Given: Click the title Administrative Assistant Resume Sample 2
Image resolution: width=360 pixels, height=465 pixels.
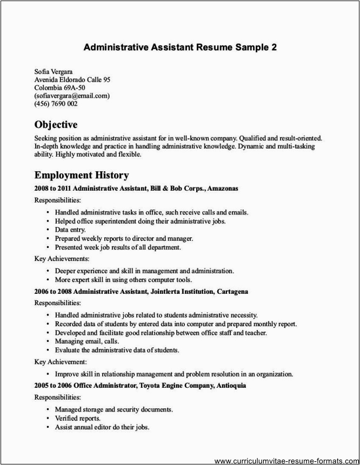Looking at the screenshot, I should click(180, 47).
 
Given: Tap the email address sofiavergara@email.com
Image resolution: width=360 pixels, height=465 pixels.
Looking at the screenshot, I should click(72, 96).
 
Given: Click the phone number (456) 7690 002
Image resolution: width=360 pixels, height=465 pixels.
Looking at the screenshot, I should click(56, 104).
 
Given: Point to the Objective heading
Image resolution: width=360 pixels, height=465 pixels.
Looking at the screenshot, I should click(56, 125).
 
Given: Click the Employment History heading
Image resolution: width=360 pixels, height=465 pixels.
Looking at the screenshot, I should click(82, 175).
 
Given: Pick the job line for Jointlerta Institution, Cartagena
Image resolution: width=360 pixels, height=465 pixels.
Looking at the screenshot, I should click(141, 291).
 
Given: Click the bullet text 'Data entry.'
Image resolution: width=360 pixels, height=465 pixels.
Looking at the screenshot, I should click(70, 230).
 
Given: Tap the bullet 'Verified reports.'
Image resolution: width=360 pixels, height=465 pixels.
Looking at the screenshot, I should click(77, 418).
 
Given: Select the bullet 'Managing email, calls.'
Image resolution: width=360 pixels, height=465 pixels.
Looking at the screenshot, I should click(86, 341).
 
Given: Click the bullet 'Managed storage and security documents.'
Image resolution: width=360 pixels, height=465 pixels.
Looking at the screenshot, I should click(114, 409).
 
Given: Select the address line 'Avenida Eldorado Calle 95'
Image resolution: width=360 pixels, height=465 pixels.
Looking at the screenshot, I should click(72, 79).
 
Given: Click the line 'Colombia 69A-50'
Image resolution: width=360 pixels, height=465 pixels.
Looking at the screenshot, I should click(59, 87).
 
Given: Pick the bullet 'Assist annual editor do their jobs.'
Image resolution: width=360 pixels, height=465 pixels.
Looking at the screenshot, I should click(102, 427).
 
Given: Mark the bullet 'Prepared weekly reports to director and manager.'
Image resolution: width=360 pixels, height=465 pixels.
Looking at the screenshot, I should click(124, 238).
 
